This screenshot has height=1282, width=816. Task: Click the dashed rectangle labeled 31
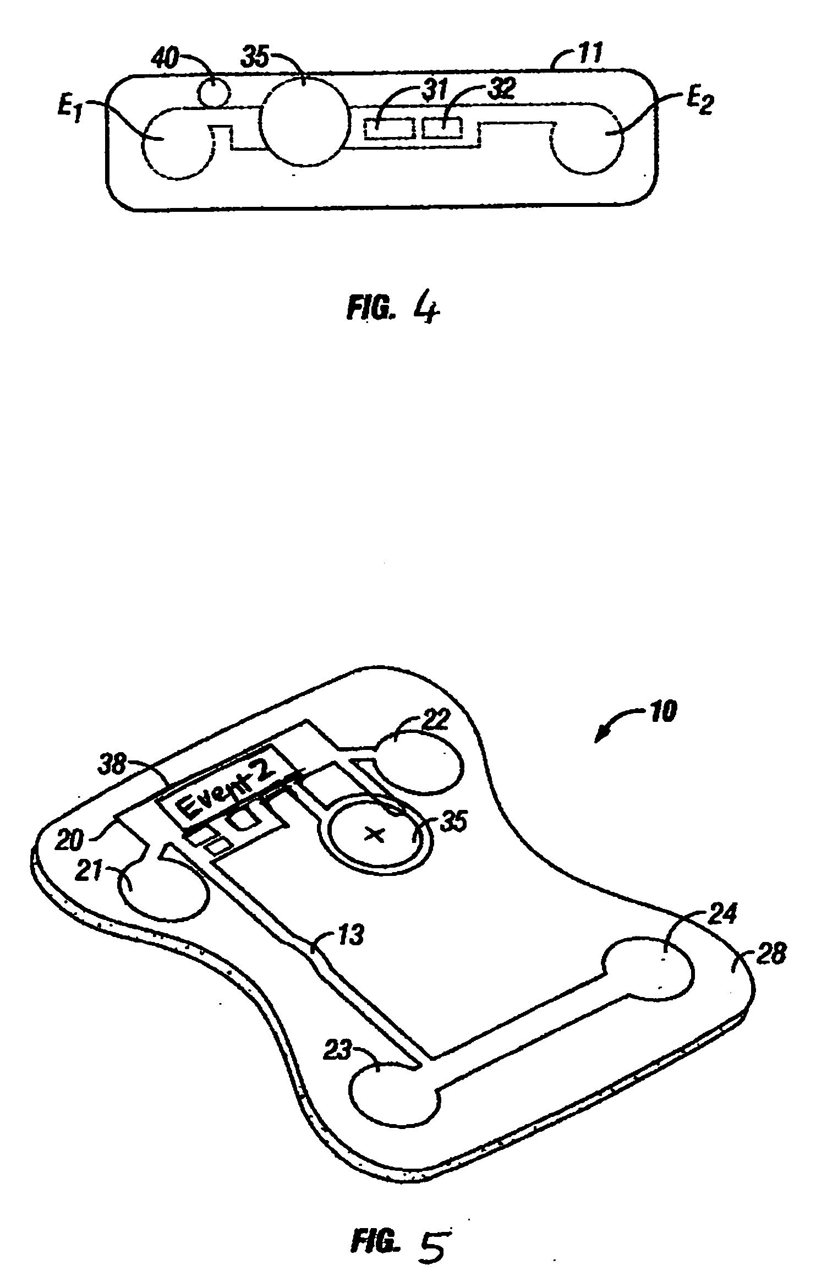click(x=388, y=129)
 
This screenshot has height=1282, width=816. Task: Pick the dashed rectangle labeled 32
click(x=442, y=129)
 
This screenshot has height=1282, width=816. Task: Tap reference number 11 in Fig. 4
click(x=590, y=53)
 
